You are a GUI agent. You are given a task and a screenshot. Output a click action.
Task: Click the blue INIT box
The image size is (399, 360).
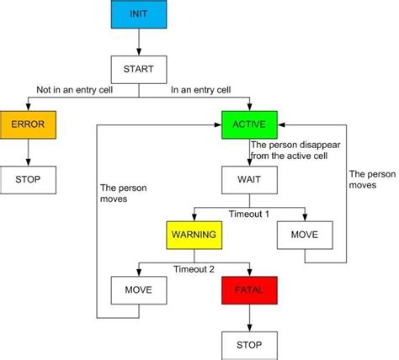[138, 16]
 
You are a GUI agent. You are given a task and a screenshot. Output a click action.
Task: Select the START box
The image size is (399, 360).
[138, 69]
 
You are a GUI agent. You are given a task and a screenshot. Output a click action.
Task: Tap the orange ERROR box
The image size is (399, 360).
[28, 125]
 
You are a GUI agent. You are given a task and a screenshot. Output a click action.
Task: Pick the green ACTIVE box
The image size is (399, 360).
[248, 125]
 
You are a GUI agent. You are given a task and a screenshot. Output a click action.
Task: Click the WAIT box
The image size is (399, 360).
[248, 180]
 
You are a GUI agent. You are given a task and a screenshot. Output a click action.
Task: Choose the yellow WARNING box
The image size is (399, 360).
[194, 235]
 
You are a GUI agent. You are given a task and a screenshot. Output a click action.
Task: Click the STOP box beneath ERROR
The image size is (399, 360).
[28, 180]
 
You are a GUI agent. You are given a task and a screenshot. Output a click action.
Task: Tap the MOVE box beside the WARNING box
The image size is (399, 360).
[304, 235]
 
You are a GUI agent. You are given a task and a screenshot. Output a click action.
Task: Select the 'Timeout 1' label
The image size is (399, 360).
[250, 214]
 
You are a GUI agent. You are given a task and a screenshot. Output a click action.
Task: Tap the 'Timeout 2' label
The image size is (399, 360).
[194, 268]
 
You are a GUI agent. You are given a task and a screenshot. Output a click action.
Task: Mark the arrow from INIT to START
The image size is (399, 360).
[138, 43]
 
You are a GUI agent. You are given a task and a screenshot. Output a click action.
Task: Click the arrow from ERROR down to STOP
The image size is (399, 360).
[28, 153]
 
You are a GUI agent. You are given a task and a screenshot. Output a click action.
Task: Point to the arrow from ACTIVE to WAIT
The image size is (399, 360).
[248, 153]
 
